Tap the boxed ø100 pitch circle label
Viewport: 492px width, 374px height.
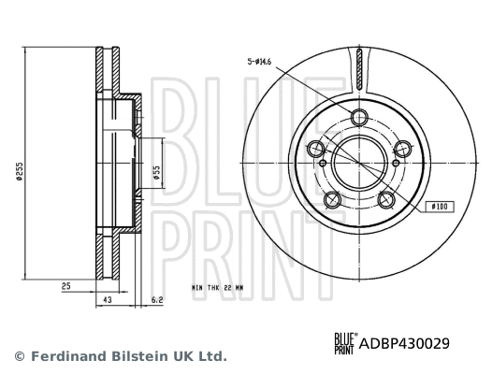tap(438, 204)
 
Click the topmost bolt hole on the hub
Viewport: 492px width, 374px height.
tap(359, 117)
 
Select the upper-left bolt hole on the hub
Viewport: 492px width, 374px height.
tap(316, 150)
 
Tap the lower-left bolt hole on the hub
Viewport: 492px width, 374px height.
tap(332, 199)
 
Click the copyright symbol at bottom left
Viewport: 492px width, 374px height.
tap(19, 356)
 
